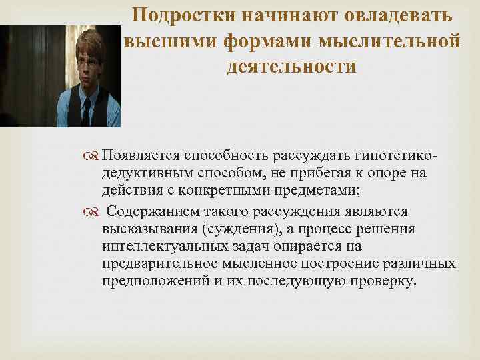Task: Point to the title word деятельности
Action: (291, 67)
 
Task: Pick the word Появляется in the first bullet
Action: (142, 156)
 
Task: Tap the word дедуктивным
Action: (147, 173)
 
